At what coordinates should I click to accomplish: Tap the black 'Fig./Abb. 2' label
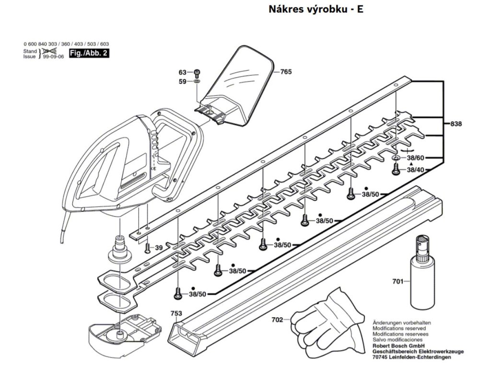(x=88, y=53)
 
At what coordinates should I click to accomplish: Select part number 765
(x=286, y=72)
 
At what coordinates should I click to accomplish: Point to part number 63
(x=182, y=72)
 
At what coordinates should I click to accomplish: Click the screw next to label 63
(x=197, y=73)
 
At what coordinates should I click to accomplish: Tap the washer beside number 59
(x=197, y=82)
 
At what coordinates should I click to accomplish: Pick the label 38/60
(x=416, y=158)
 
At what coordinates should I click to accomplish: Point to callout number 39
(x=159, y=247)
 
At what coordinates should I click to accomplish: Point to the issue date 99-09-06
(x=51, y=56)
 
